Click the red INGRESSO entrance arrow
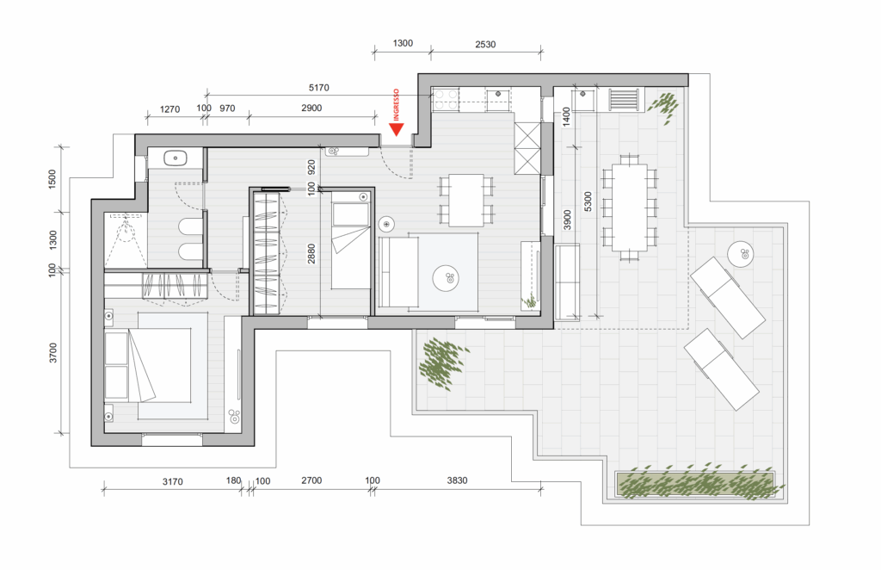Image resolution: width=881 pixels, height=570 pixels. [397, 130]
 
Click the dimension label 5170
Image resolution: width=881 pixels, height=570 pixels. [318, 88]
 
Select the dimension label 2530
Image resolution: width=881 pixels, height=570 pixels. [485, 45]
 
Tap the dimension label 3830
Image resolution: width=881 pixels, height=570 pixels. [457, 480]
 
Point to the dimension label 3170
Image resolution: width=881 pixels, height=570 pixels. [172, 482]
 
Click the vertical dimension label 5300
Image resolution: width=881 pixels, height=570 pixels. [588, 201]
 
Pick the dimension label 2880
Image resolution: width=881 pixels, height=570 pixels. [311, 253]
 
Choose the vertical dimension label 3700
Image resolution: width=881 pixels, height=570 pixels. [52, 353]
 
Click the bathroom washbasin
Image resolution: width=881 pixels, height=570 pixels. [176, 158]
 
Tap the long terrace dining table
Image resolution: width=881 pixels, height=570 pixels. [629, 208]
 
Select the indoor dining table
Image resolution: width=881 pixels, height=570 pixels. [465, 200]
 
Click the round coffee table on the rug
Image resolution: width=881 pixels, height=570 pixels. [447, 278]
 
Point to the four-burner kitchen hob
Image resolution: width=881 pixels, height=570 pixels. [446, 99]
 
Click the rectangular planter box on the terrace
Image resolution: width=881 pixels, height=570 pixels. [694, 484]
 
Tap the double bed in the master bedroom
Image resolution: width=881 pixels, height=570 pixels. [157, 366]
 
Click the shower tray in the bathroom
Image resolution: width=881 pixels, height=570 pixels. [126, 240]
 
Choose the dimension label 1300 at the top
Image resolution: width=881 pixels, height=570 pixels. [403, 43]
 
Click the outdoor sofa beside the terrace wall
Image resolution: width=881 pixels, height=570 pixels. [567, 282]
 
